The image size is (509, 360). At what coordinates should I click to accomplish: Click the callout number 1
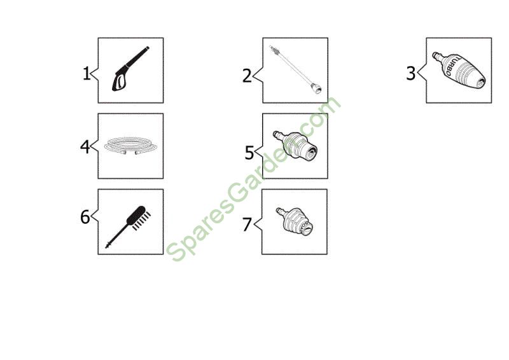[x=87, y=73]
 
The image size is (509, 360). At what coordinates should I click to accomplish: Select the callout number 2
[x=247, y=76]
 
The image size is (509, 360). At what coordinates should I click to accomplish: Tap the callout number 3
[x=410, y=73]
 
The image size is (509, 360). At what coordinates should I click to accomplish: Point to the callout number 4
[x=85, y=146]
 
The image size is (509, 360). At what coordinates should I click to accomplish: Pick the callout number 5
[x=249, y=153]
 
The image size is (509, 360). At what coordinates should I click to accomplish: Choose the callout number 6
[x=85, y=217]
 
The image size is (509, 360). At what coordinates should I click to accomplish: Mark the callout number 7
[x=247, y=225]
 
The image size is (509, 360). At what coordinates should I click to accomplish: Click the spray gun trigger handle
[x=120, y=81]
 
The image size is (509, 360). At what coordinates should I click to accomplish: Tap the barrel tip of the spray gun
[x=148, y=48]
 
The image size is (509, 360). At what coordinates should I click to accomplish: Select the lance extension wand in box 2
[x=296, y=70]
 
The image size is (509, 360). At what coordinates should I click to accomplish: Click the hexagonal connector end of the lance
[x=316, y=88]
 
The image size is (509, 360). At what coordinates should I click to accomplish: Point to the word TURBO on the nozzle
[x=453, y=67]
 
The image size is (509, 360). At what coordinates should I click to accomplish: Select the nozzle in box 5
[x=295, y=146]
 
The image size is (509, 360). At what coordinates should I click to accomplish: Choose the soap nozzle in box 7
[x=295, y=222]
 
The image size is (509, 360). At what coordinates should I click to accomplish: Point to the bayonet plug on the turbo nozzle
[x=438, y=57]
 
